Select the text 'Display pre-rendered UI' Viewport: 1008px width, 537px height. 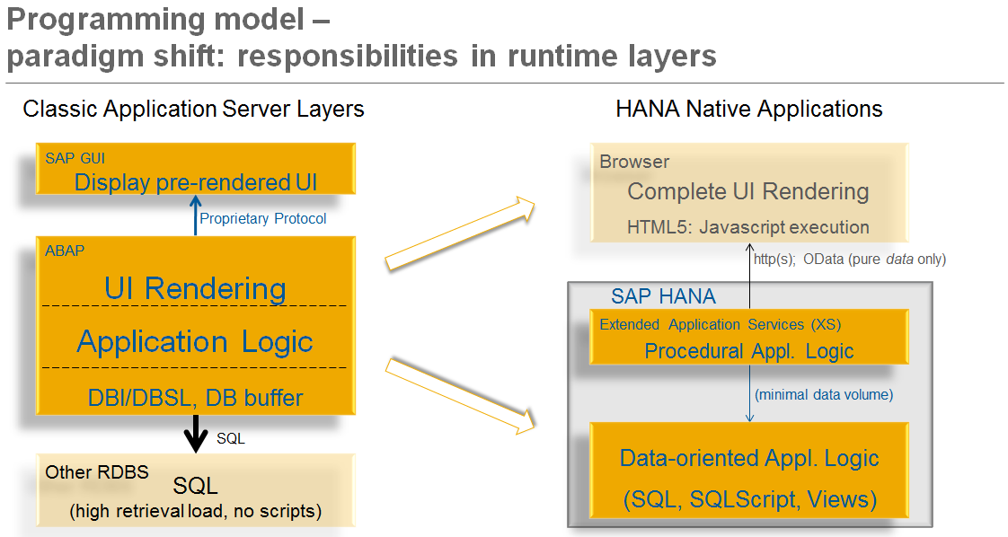195,182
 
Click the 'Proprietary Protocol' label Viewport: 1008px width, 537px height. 263,218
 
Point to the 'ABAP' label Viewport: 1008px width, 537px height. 65,251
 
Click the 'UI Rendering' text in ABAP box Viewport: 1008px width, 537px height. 195,288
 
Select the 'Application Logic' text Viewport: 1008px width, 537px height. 195,341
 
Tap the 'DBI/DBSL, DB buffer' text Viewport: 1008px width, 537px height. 195,397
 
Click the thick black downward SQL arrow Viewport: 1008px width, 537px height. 195,436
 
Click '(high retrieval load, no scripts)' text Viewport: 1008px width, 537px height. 195,512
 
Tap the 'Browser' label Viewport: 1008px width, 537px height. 634,162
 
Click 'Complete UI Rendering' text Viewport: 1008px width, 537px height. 747,191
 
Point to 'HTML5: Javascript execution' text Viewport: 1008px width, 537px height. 747,226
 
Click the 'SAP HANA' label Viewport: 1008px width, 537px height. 663,296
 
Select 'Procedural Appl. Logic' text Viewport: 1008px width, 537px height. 749,350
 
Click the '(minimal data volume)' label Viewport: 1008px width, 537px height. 824,394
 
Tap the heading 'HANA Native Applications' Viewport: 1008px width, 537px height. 748,110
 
